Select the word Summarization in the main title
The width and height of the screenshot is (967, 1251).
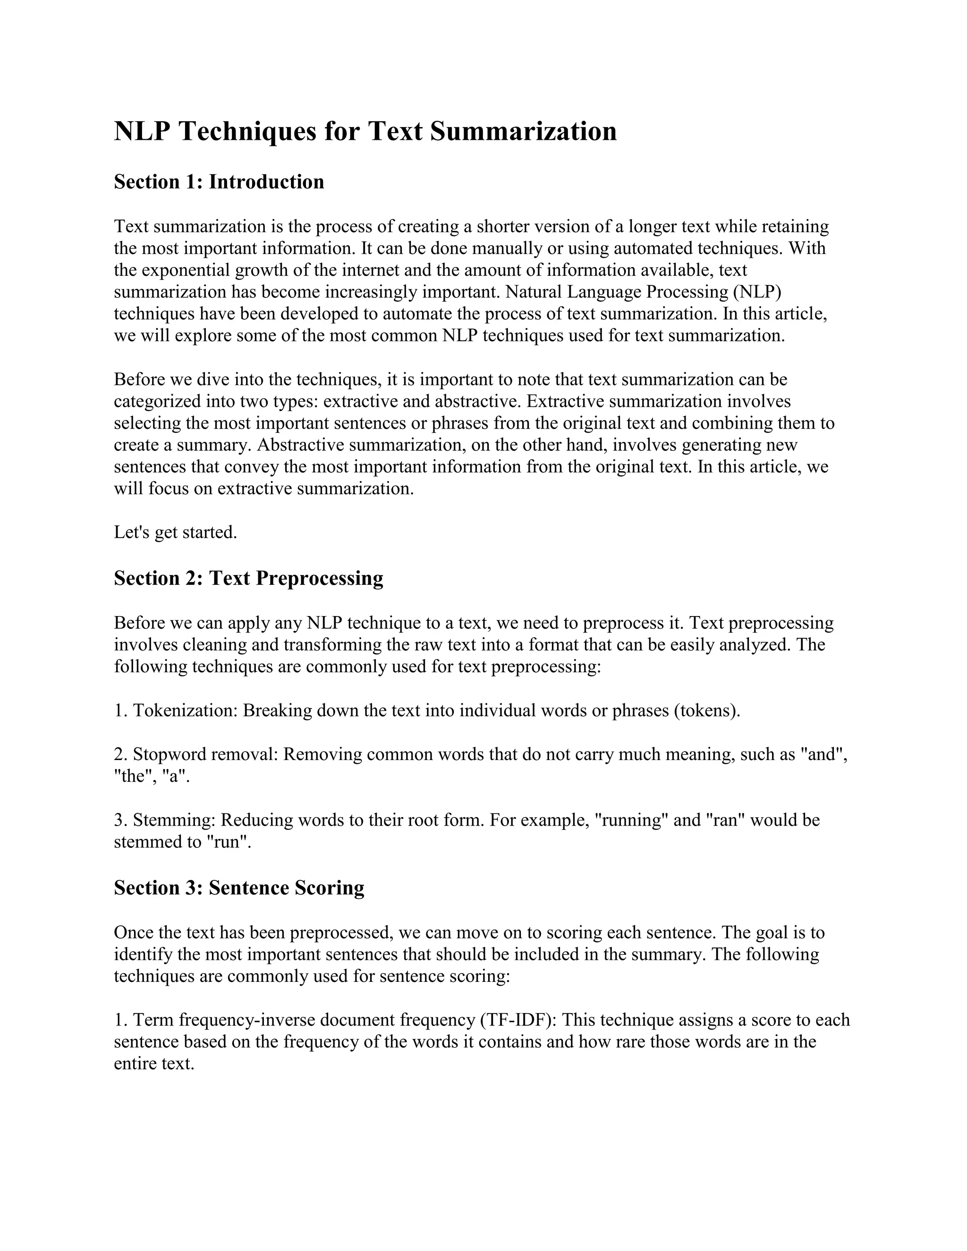coord(523,131)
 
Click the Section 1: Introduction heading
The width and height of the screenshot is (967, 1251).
coord(219,182)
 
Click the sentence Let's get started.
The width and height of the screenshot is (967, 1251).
coord(175,532)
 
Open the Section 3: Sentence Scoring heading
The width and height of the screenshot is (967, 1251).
coord(239,888)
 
